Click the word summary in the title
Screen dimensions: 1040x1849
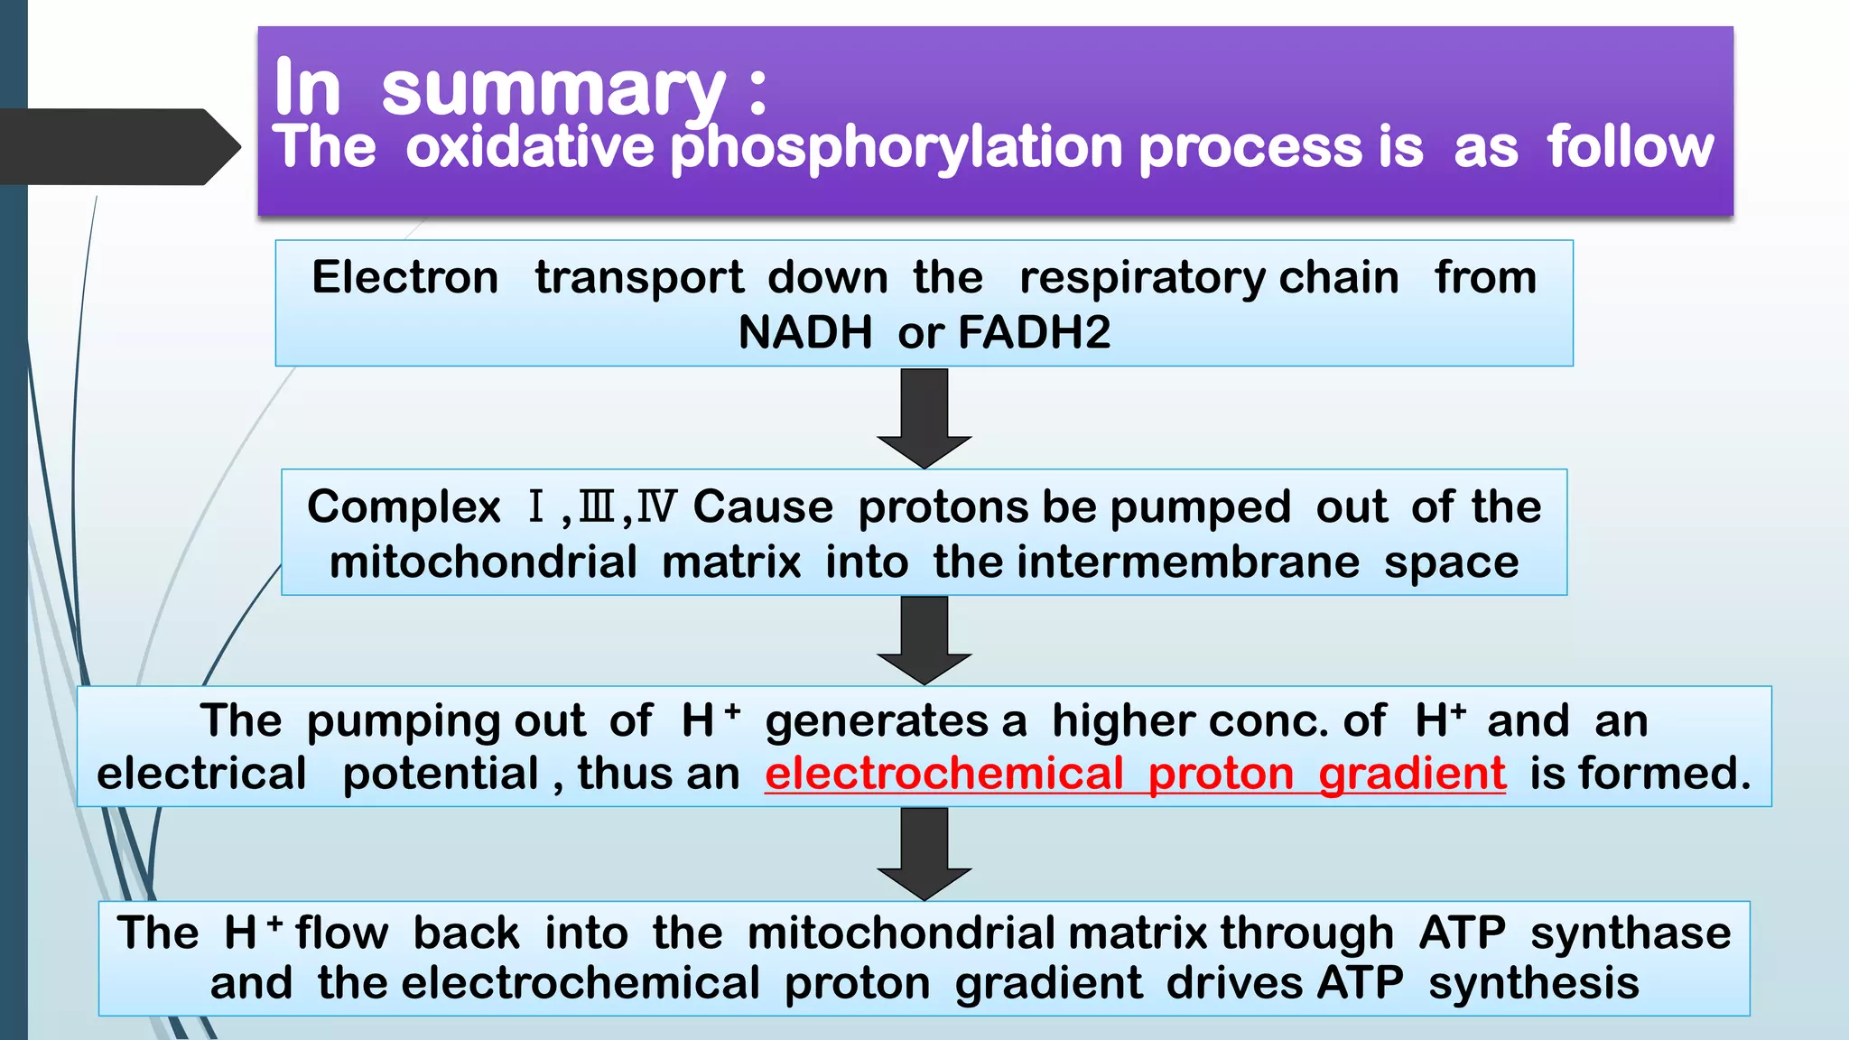pos(553,89)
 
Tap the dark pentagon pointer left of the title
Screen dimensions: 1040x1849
pos(117,146)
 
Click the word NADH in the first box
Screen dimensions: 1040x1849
pos(804,332)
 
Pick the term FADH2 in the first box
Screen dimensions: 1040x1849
pos(1034,332)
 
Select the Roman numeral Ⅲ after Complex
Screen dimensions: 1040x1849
pos(596,506)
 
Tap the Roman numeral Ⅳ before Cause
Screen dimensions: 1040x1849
pos(655,506)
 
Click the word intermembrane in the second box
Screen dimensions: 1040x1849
pos(1188,562)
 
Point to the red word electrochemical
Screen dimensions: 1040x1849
pos(943,774)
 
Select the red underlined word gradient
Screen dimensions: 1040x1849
pos(1412,774)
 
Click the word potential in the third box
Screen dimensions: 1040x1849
pos(441,774)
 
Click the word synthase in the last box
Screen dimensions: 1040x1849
pos(1631,933)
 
